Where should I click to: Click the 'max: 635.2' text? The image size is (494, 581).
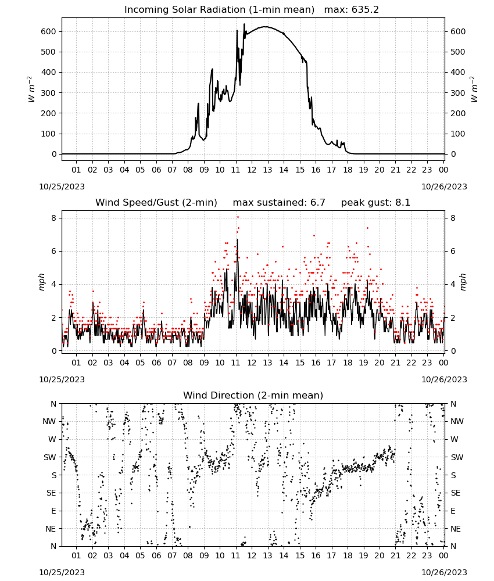click(x=352, y=10)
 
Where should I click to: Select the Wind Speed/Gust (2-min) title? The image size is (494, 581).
click(x=156, y=203)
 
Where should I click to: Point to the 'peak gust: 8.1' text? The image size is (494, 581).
click(x=375, y=203)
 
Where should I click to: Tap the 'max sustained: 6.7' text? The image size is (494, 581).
click(x=279, y=203)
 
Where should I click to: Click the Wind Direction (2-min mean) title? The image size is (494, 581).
click(x=253, y=395)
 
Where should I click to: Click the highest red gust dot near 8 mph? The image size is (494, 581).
click(x=238, y=217)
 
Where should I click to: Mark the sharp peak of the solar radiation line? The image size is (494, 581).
click(x=244, y=24)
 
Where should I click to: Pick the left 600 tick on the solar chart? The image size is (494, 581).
click(x=49, y=31)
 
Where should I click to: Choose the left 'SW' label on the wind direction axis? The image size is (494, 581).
click(x=50, y=457)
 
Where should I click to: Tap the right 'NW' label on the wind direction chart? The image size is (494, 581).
click(x=457, y=421)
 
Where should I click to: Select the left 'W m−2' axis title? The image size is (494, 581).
click(x=31, y=89)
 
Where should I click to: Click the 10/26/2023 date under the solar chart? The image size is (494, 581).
click(x=445, y=187)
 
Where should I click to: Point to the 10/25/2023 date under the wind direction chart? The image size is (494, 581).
click(x=62, y=572)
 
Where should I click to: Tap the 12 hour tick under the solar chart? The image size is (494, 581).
click(x=252, y=170)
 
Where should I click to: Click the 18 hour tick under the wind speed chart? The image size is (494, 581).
click(x=348, y=363)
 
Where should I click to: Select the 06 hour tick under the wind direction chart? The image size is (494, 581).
click(x=156, y=555)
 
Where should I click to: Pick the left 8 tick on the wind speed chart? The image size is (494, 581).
click(x=55, y=218)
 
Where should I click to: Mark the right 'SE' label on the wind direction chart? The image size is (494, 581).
click(x=456, y=493)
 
